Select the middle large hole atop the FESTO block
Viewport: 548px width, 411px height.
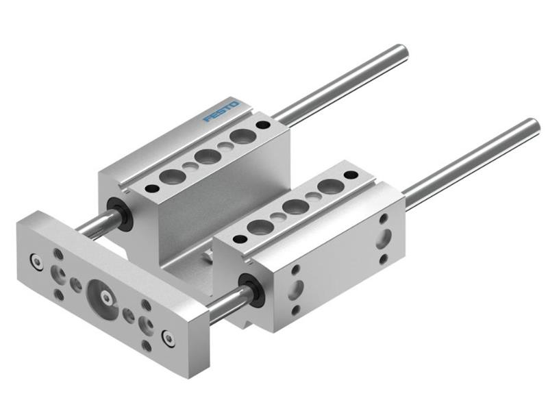tap(207, 155)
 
